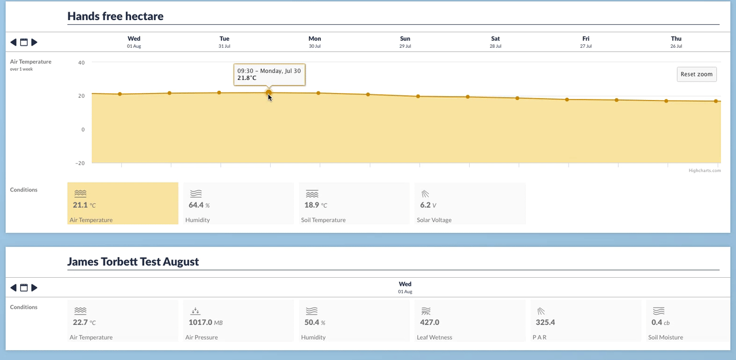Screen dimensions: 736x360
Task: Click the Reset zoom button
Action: click(x=696, y=74)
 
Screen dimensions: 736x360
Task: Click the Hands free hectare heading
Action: click(x=116, y=16)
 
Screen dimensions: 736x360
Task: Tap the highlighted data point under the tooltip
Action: click(x=269, y=93)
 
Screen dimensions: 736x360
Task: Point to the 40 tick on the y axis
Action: click(x=81, y=63)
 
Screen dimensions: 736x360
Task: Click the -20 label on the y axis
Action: click(x=80, y=163)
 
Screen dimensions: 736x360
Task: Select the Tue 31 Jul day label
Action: click(x=224, y=42)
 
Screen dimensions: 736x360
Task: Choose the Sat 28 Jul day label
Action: click(x=496, y=42)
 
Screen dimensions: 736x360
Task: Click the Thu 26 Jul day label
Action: click(x=676, y=42)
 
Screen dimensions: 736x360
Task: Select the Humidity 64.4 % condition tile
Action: click(x=238, y=204)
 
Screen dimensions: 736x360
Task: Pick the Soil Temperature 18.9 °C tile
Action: click(x=354, y=204)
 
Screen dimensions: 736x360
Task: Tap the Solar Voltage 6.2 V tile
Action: click(x=470, y=204)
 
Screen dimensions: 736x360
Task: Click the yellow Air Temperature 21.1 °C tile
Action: click(x=123, y=204)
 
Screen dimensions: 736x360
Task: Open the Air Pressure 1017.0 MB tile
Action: click(x=238, y=320)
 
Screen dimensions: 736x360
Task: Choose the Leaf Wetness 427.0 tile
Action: click(x=470, y=320)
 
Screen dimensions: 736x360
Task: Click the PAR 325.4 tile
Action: click(x=585, y=320)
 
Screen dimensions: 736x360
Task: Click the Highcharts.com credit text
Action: click(x=704, y=170)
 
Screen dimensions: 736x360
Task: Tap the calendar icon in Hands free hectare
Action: click(x=24, y=42)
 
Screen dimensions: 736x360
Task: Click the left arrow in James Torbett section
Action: click(x=13, y=288)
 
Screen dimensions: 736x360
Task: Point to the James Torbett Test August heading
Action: click(x=133, y=262)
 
